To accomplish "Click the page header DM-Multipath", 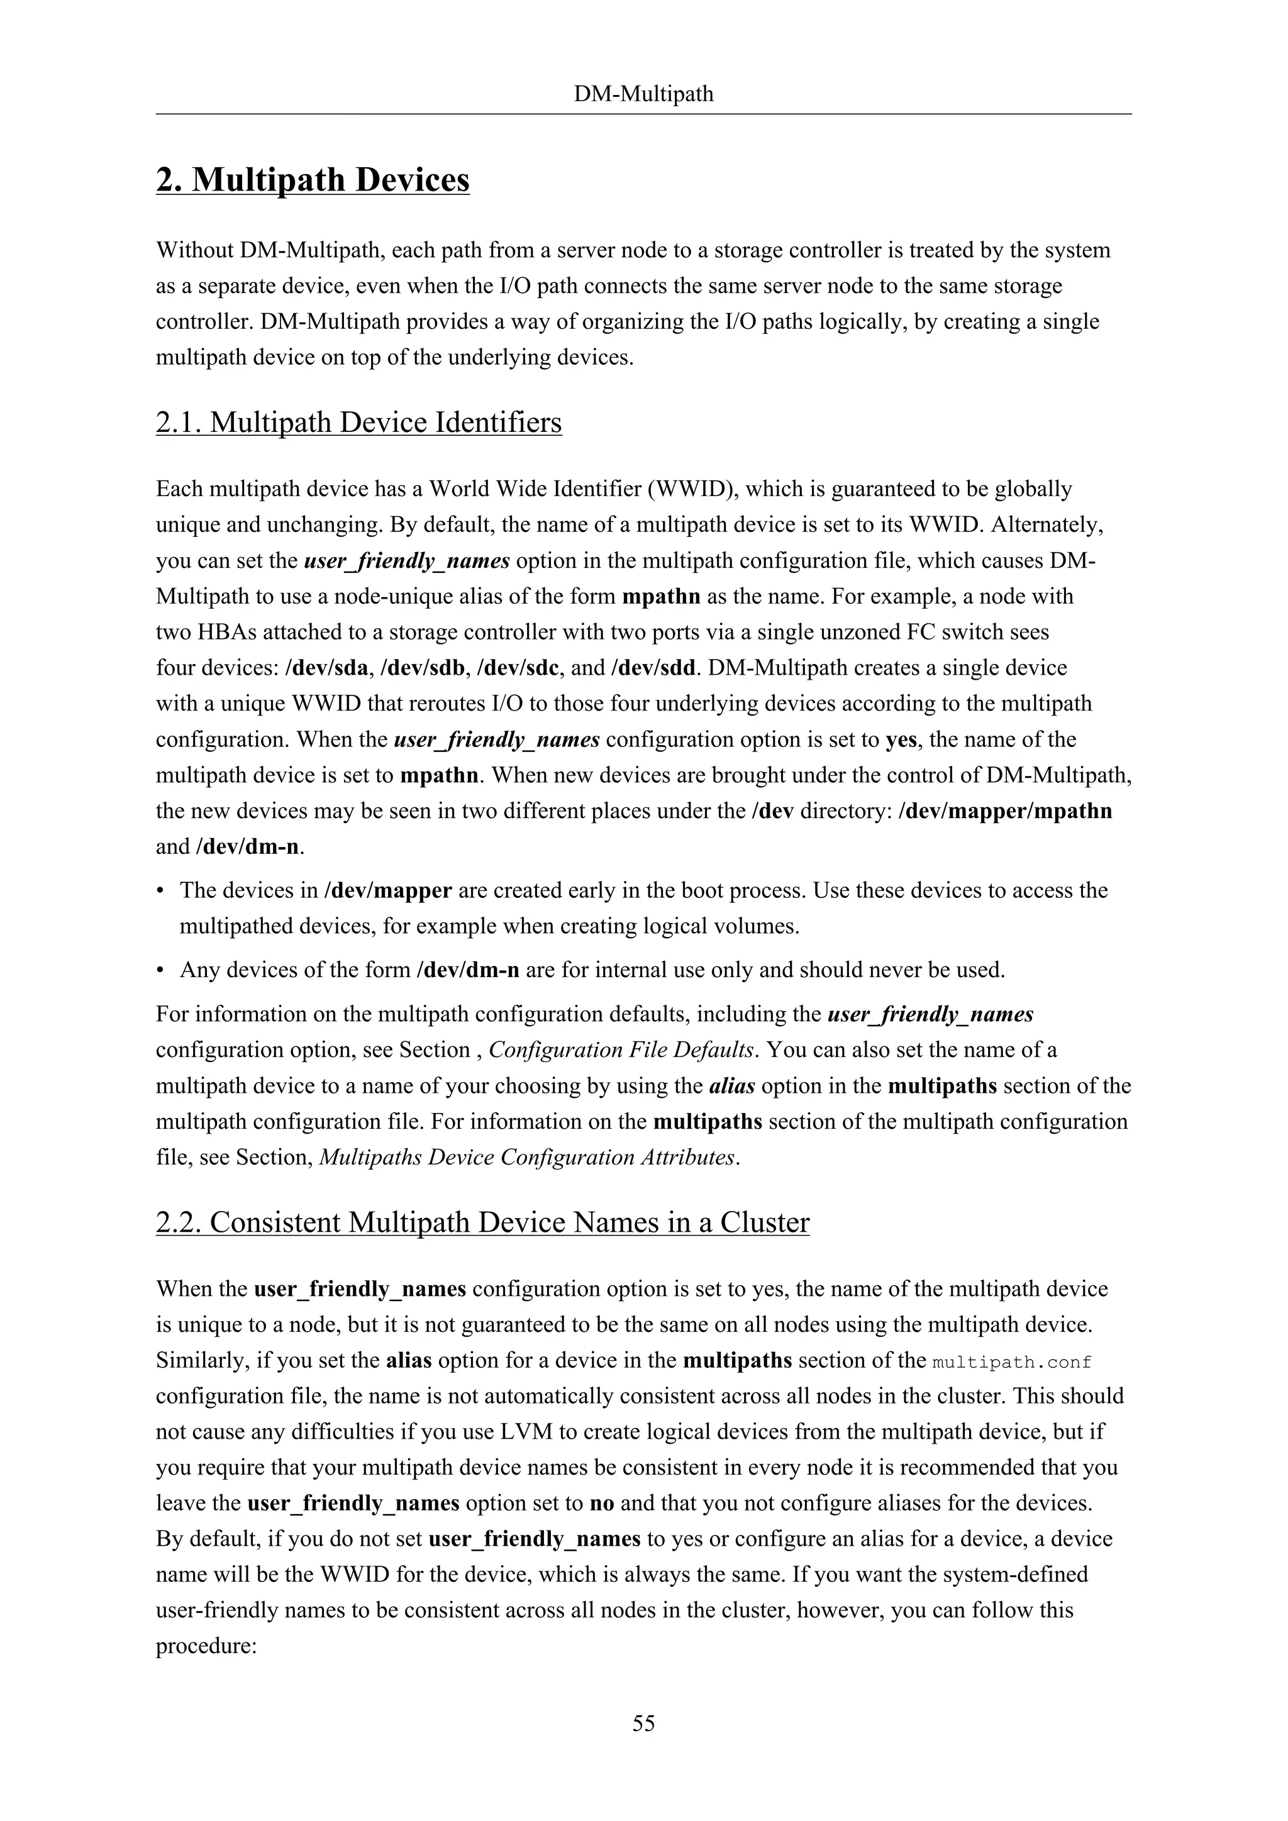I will (643, 94).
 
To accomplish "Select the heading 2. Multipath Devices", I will (313, 180).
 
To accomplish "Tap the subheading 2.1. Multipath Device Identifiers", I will (358, 423).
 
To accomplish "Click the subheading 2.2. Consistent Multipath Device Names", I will (482, 1222).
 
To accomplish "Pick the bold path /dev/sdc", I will (520, 668).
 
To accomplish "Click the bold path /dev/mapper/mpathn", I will (1005, 811).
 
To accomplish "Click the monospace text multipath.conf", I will (1012, 1363).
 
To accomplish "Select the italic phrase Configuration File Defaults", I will (621, 1050).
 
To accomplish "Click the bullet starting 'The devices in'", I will (161, 890).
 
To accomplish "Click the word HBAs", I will (221, 632).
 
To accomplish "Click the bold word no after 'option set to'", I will (602, 1503).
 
